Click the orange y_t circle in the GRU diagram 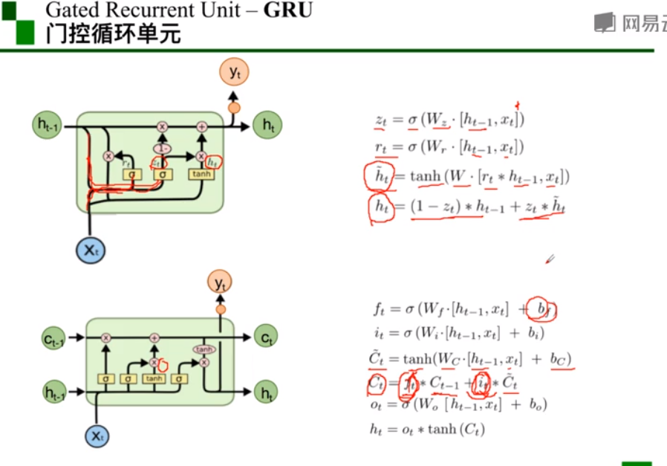click(x=234, y=72)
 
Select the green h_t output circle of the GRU click(x=267, y=126)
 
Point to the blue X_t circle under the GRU click(x=91, y=250)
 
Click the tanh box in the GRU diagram click(x=201, y=174)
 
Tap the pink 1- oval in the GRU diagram click(x=162, y=149)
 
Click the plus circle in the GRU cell click(x=201, y=127)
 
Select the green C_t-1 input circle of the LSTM click(x=53, y=339)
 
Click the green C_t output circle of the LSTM click(x=265, y=338)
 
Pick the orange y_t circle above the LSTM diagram click(x=220, y=282)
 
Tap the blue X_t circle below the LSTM click(x=97, y=436)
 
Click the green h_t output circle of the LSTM click(x=265, y=392)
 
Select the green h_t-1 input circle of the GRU click(x=50, y=124)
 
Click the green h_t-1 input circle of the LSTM click(x=53, y=392)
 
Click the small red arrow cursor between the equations click(x=550, y=259)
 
